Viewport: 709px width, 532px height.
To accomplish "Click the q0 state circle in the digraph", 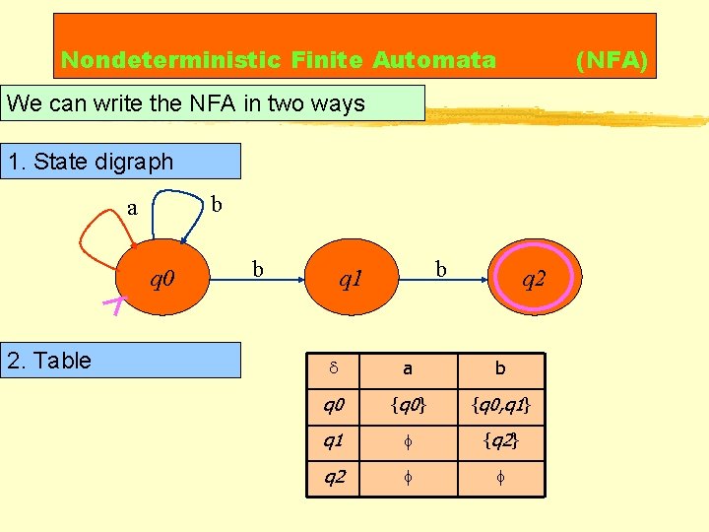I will pos(162,280).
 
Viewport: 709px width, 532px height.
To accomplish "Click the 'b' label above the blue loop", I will pos(217,204).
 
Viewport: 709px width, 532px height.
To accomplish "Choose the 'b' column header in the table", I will pos(499,368).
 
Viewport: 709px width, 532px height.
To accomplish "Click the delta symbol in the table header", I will pos(333,368).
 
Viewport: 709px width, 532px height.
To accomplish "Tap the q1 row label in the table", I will pos(334,441).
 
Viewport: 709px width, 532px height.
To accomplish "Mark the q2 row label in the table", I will pos(334,478).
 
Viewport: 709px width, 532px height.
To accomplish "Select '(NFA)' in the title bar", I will pos(612,61).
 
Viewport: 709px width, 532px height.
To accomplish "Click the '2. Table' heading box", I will pos(122,361).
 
